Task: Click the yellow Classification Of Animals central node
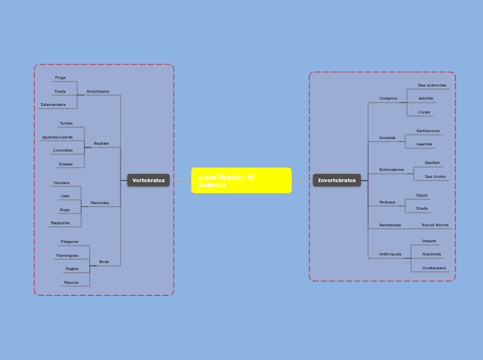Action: (x=241, y=180)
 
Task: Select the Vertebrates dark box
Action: (x=148, y=180)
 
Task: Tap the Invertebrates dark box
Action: (x=337, y=180)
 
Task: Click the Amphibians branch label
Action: (x=98, y=91)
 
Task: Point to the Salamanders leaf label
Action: (x=53, y=105)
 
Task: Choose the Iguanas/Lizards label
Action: (x=57, y=137)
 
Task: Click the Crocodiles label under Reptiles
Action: (x=63, y=150)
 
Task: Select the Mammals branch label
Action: (x=100, y=203)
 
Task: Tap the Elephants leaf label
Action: (x=60, y=223)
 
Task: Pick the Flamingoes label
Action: (x=67, y=255)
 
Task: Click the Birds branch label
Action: (x=104, y=262)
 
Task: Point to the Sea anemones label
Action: (x=432, y=85)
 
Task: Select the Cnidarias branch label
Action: (x=388, y=98)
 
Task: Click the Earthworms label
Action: (x=428, y=131)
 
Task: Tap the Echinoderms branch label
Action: (x=392, y=170)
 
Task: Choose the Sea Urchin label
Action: (x=435, y=177)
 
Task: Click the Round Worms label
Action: (x=435, y=225)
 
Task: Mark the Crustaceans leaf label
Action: (x=434, y=268)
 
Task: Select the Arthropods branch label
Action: (x=390, y=254)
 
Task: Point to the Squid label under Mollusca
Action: (x=421, y=195)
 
